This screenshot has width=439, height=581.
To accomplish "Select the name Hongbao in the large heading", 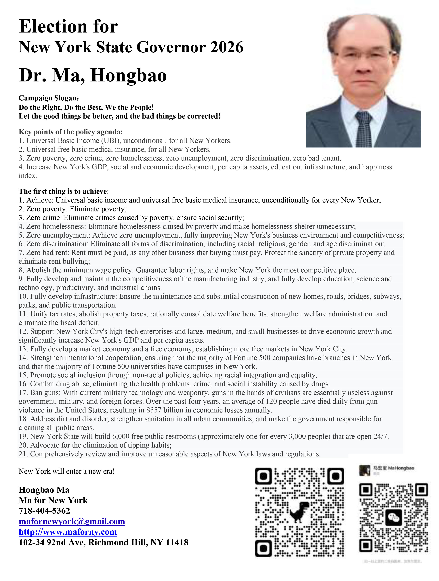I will pos(129,75).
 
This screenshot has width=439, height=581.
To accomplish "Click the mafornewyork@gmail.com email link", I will pos(72,521).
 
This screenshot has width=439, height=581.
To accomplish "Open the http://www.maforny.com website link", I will pos(68,532).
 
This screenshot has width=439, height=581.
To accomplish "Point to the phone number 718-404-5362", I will pos(44,511).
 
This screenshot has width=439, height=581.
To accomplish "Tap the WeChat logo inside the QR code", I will pos(393,517).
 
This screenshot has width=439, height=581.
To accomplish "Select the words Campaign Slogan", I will pos(49,98).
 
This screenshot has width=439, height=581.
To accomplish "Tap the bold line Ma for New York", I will pos(53,500).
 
